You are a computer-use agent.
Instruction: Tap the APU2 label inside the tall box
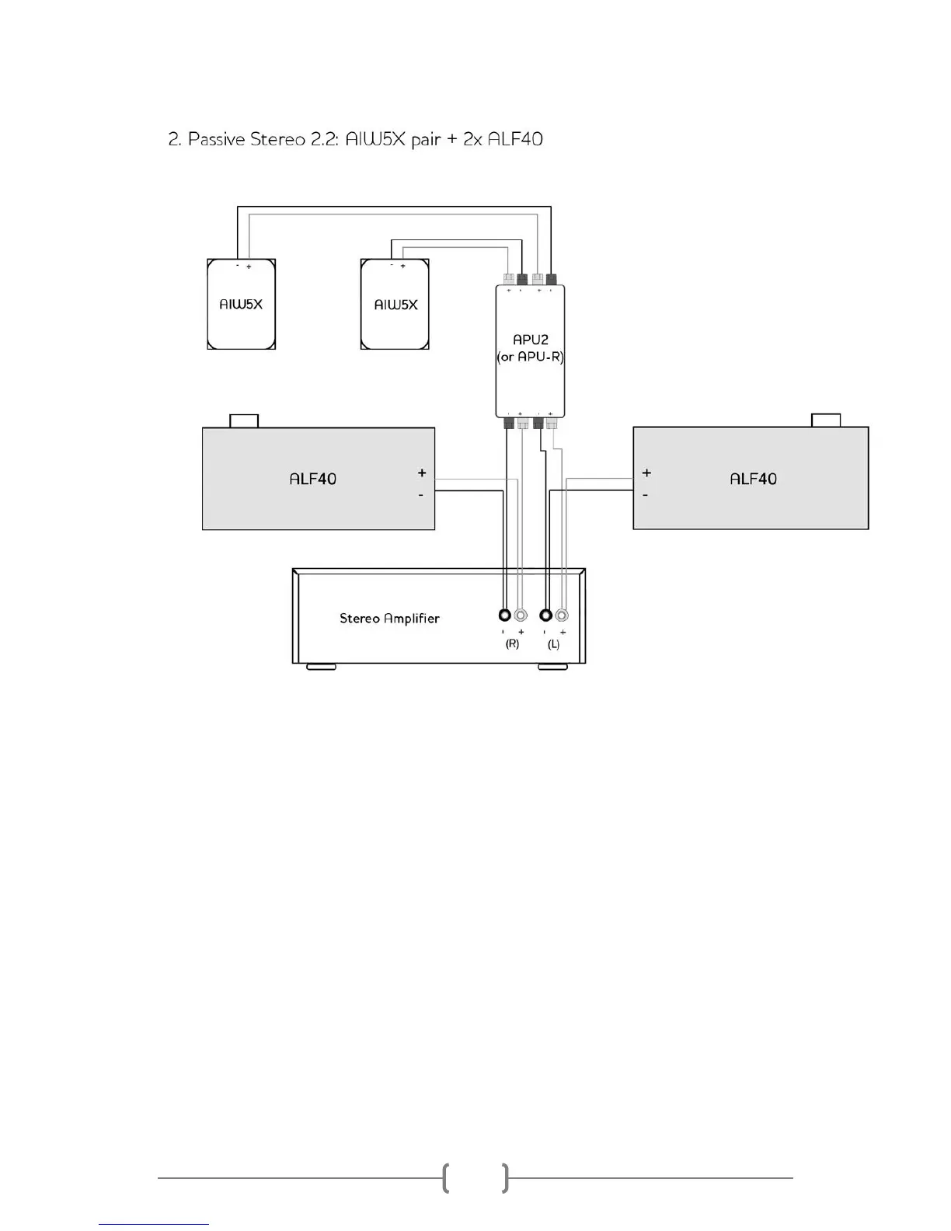pyautogui.click(x=531, y=340)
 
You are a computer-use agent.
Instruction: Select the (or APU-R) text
pyautogui.click(x=531, y=357)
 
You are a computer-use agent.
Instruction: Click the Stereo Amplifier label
pyautogui.click(x=389, y=619)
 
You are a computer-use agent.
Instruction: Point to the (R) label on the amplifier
pyautogui.click(x=512, y=644)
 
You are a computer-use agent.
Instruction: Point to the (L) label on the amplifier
pyautogui.click(x=553, y=644)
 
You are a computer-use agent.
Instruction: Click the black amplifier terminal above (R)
pyautogui.click(x=505, y=615)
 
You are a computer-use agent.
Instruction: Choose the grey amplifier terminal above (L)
pyautogui.click(x=562, y=615)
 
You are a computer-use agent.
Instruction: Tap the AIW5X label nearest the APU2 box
pyautogui.click(x=395, y=305)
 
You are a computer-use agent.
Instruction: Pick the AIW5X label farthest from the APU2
pyautogui.click(x=241, y=304)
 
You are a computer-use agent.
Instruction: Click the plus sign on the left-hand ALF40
pyautogui.click(x=422, y=473)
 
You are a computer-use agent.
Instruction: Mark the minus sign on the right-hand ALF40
pyautogui.click(x=646, y=495)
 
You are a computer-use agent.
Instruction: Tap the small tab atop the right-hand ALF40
pyautogui.click(x=826, y=420)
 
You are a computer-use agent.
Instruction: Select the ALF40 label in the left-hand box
pyautogui.click(x=312, y=479)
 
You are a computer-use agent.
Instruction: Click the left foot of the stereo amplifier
pyautogui.click(x=322, y=667)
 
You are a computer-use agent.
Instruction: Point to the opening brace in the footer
pyautogui.click(x=445, y=1178)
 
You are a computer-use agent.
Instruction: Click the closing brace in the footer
pyautogui.click(x=506, y=1178)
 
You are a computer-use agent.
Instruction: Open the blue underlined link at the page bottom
pyautogui.click(x=154, y=1224)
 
